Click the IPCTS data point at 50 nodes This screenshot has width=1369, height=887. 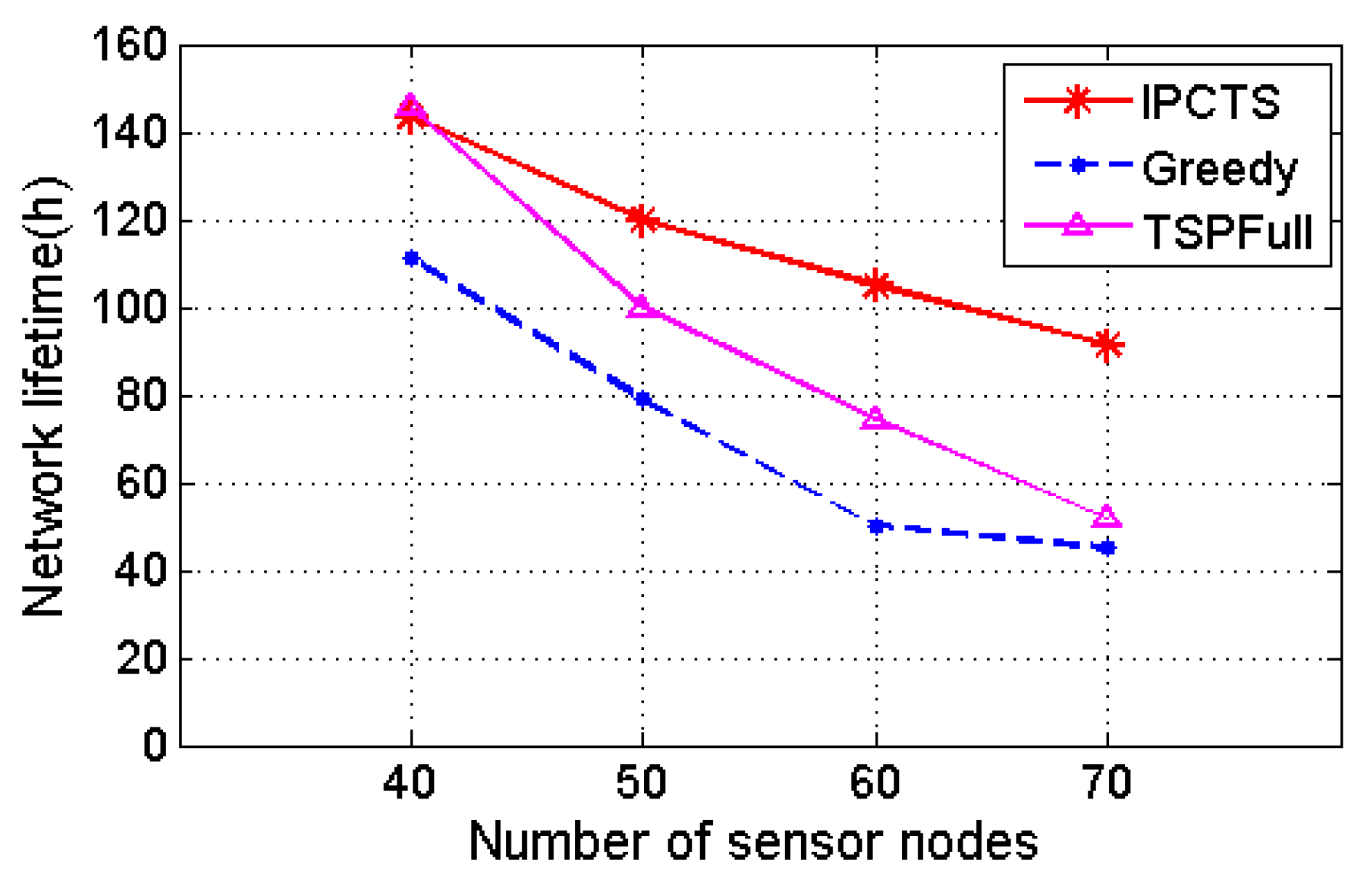(643, 220)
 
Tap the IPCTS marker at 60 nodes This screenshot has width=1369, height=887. (876, 285)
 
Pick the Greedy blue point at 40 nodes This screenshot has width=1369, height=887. (411, 258)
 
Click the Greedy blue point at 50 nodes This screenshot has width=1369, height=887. (643, 399)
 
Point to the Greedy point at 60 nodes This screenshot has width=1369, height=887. (876, 526)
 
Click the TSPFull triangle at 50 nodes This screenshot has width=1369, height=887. (643, 306)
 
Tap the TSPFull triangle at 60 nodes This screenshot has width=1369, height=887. (876, 419)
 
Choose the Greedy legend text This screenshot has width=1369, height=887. (1220, 168)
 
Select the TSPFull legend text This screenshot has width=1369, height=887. (1227, 232)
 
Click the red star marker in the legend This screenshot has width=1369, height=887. (1077, 101)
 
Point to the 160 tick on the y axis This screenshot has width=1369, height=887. (129, 45)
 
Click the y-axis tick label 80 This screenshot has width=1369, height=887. (142, 396)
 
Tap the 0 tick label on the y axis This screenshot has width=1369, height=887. (155, 745)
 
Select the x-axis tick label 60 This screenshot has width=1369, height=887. (875, 783)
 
